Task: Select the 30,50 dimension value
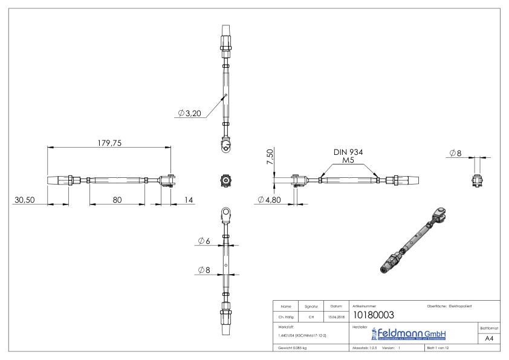[x=26, y=199]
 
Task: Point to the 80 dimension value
[x=117, y=199]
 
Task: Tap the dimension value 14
[x=189, y=199]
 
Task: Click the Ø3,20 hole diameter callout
[x=190, y=113]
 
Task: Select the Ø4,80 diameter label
[x=268, y=199]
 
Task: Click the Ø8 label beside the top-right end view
[x=455, y=153]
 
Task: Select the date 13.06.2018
[x=336, y=316]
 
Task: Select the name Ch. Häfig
[x=286, y=316]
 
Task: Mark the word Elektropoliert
[x=464, y=306]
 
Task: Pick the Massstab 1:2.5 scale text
[x=365, y=349]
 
